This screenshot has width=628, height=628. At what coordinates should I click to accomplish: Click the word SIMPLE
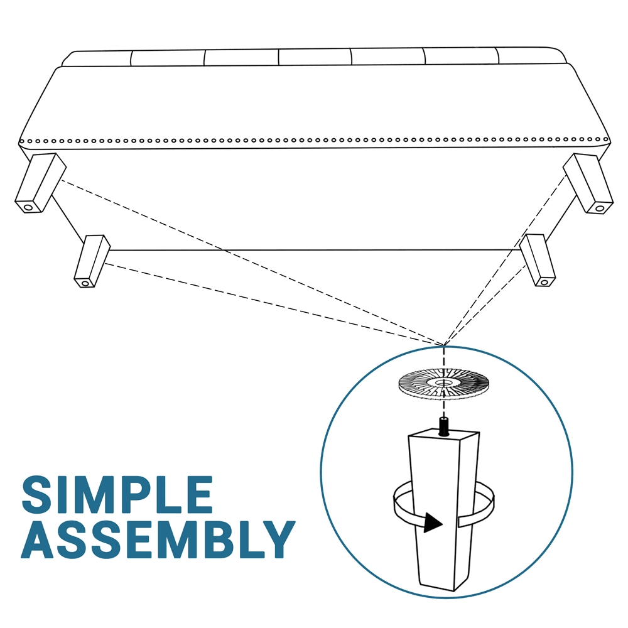[117, 494]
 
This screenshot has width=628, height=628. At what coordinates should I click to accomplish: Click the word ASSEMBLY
[158, 539]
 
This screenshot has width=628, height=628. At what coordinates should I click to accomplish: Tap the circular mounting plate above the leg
[443, 386]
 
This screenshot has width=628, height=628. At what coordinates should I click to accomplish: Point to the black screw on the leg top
[444, 426]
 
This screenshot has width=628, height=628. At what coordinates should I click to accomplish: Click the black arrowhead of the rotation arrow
[433, 523]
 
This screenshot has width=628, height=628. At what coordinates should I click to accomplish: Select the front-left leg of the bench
[40, 183]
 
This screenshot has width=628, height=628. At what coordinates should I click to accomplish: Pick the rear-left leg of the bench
[92, 261]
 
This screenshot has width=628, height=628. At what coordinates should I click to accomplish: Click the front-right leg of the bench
[588, 183]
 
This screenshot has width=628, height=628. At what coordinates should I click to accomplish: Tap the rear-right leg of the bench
[538, 261]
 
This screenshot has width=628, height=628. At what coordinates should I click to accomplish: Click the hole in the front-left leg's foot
[28, 208]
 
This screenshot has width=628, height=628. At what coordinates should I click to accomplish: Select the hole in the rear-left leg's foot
[85, 284]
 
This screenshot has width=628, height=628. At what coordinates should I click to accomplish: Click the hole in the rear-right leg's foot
[544, 283]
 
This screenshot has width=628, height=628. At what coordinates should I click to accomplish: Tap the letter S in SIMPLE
[38, 494]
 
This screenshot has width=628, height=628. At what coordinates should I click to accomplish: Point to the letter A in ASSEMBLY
[39, 539]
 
